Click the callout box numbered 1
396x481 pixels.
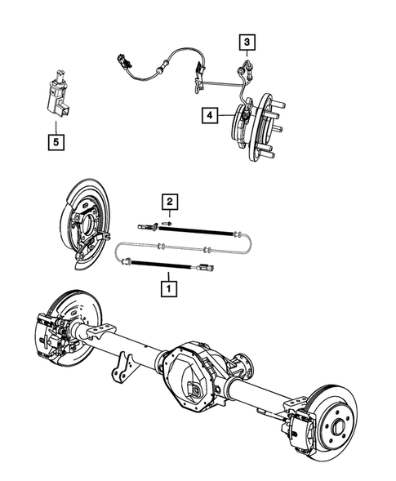[168, 287]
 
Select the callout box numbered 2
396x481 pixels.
[169, 202]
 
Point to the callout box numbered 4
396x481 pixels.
[211, 117]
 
